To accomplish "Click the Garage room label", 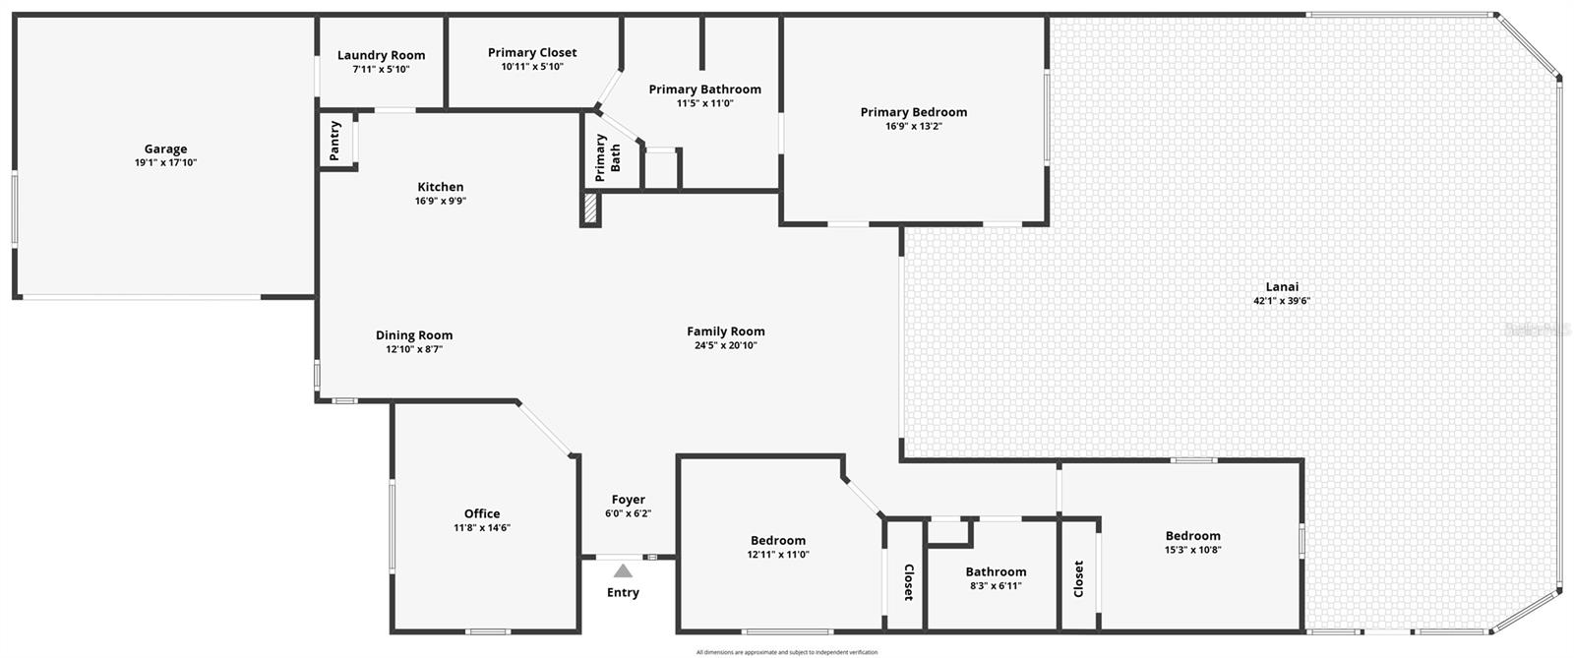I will (x=165, y=150).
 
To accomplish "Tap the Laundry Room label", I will (x=382, y=56).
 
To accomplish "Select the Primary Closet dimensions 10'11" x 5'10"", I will (x=532, y=67).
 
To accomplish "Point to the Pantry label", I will (x=335, y=141).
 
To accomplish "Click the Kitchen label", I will (x=441, y=187).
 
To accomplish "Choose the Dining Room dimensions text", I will (x=414, y=349).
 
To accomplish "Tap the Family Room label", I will (x=726, y=331).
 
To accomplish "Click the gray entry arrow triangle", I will (x=623, y=570).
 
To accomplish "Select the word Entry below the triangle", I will (x=623, y=592).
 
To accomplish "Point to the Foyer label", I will (x=629, y=500).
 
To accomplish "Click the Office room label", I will (x=482, y=513).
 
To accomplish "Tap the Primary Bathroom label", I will (x=704, y=90).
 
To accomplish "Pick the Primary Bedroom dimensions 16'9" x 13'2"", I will (x=914, y=126).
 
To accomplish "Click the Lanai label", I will (x=1282, y=287).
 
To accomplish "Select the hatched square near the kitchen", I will (x=590, y=209).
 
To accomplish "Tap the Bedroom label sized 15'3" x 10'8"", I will (x=1192, y=536).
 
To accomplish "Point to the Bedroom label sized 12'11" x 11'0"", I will (x=778, y=540).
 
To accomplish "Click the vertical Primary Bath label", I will (x=608, y=158).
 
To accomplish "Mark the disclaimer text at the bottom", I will (x=787, y=652).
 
